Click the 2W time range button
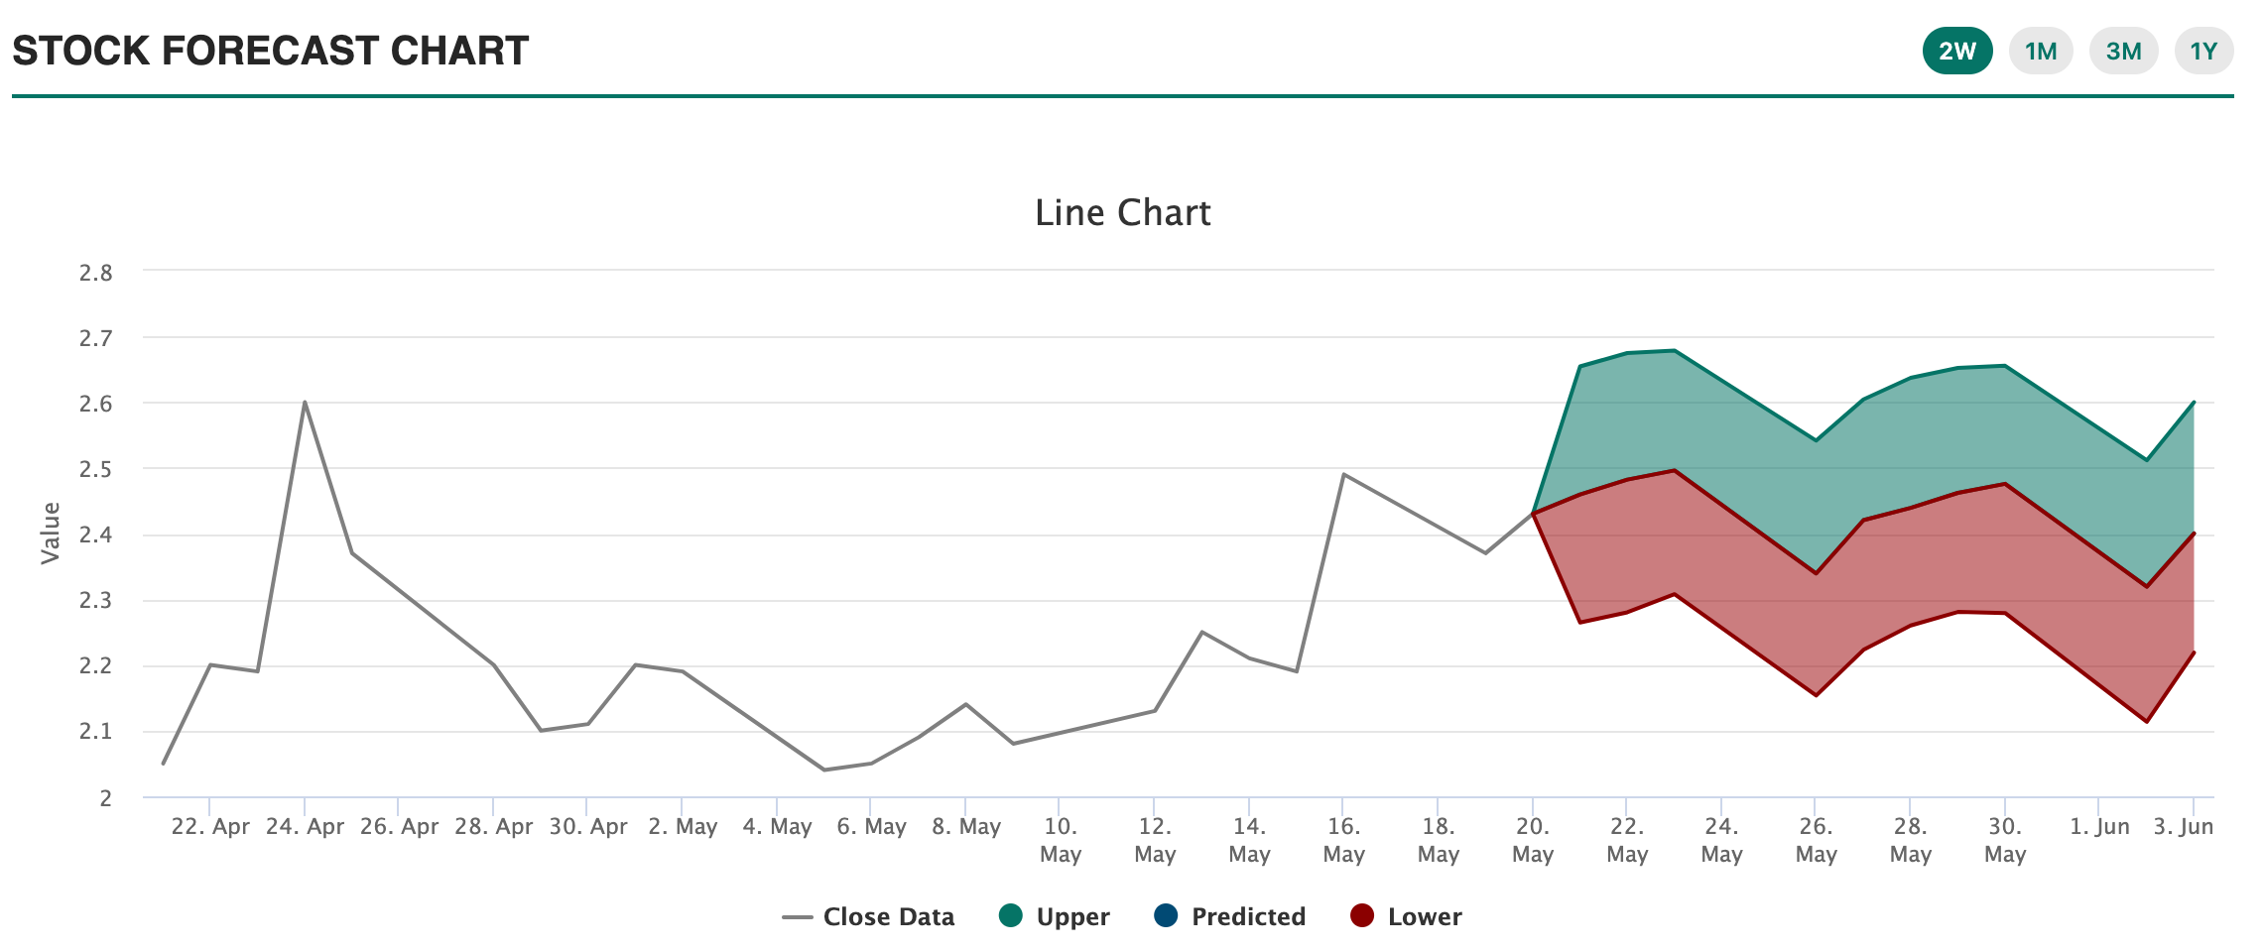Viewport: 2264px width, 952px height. click(1957, 52)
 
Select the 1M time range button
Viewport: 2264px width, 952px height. click(2041, 52)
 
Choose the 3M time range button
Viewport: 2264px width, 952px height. click(2123, 52)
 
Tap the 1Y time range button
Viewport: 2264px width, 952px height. click(2203, 52)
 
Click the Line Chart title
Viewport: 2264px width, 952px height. click(1122, 213)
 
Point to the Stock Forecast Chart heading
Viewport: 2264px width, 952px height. click(270, 52)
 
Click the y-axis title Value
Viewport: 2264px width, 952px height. click(51, 534)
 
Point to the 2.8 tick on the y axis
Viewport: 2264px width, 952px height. click(96, 273)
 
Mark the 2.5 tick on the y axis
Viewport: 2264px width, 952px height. click(96, 469)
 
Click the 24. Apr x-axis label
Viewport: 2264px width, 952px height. click(305, 827)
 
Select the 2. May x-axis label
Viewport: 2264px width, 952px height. click(683, 827)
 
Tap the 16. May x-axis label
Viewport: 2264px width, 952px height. click(1343, 839)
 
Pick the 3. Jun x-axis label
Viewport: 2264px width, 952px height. click(2183, 827)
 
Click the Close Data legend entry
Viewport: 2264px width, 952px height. click(868, 917)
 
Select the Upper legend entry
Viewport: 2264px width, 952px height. click(1055, 917)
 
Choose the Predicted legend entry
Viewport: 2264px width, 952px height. click(1230, 917)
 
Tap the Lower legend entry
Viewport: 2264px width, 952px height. click(1407, 917)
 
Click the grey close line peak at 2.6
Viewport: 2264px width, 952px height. click(305, 402)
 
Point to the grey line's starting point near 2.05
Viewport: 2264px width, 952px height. click(164, 764)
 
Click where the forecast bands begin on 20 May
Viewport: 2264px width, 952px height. click(1533, 513)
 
